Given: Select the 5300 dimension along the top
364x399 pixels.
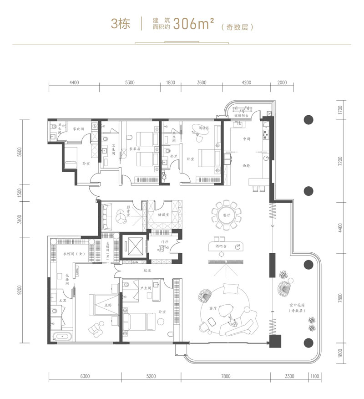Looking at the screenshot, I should pos(129,82).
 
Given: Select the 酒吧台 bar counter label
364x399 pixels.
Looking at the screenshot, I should pos(221,246).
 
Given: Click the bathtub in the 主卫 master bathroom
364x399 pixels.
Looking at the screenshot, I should pos(61,338).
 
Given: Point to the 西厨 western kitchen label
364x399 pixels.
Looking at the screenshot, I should pos(248,166).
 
